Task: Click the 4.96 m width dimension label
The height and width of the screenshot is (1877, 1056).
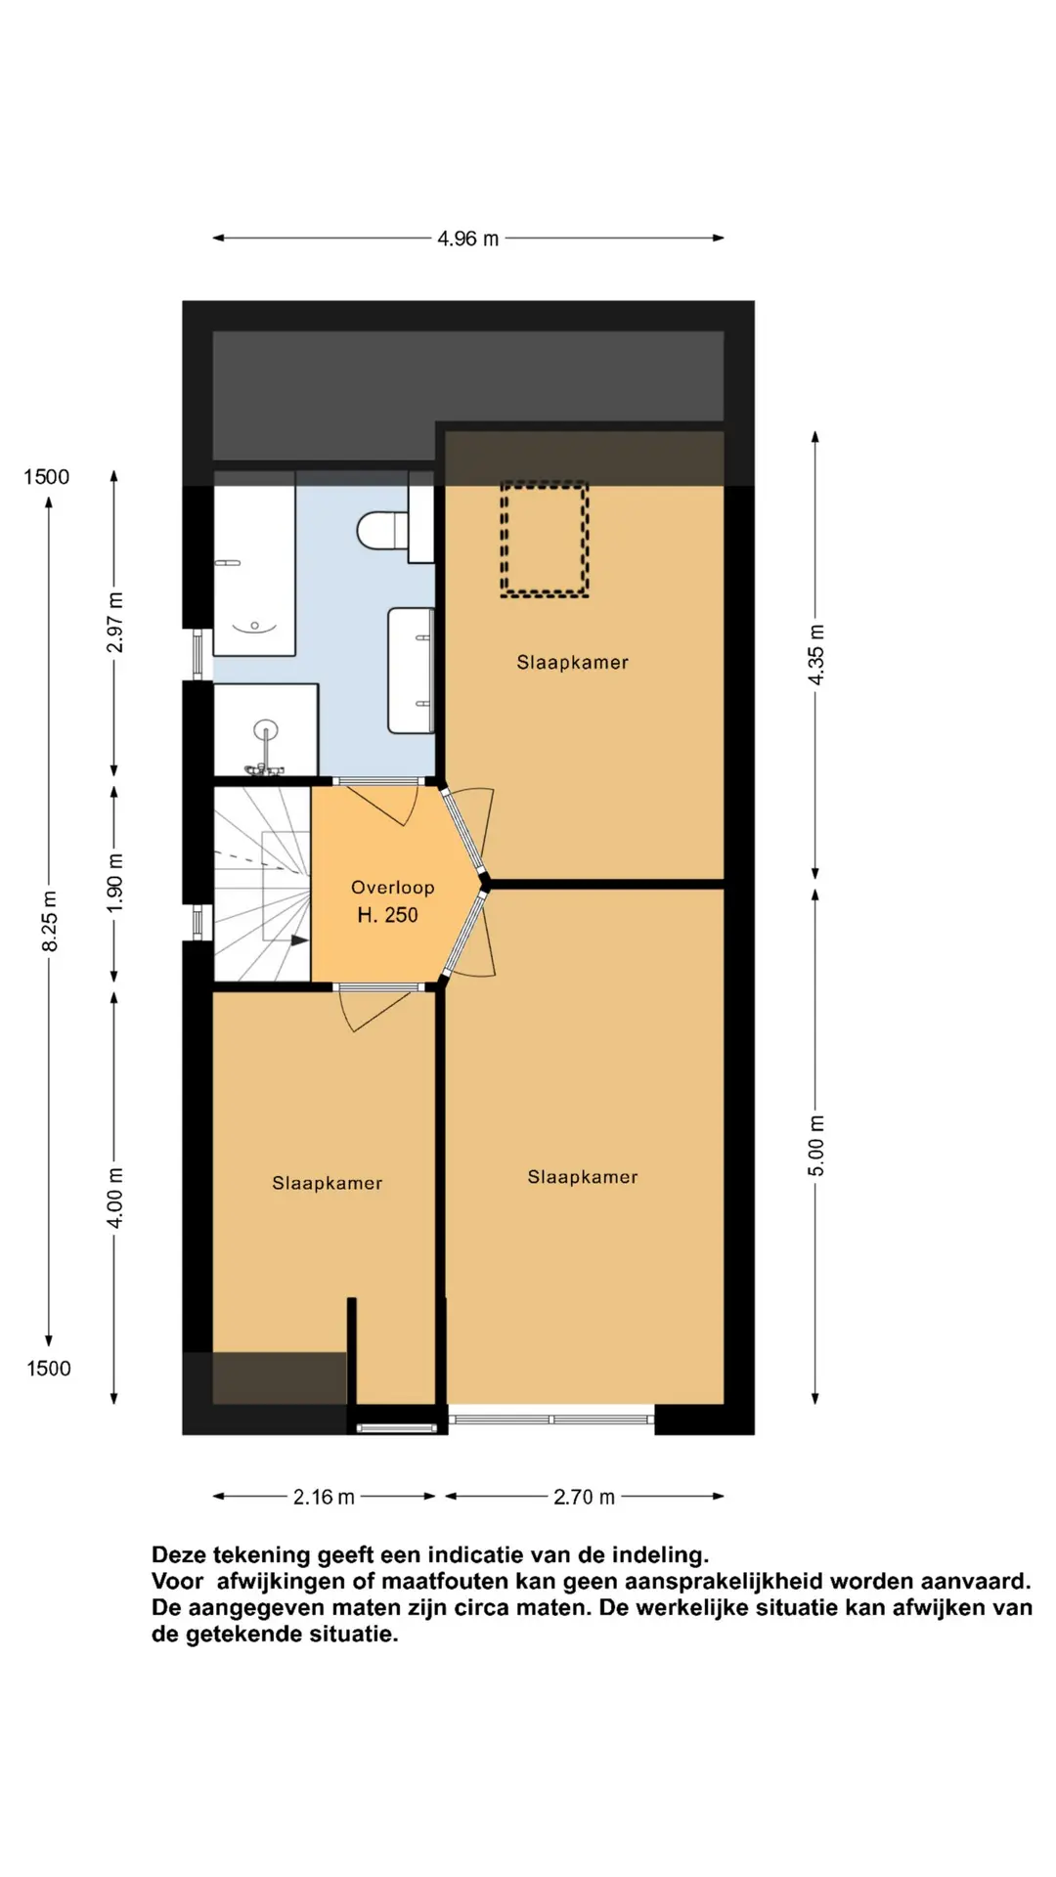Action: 467,239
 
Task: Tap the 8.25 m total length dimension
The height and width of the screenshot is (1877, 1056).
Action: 50,921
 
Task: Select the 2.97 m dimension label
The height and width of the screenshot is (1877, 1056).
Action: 115,623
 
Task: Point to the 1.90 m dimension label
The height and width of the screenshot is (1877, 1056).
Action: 115,883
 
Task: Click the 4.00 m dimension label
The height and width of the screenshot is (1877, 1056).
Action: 115,1198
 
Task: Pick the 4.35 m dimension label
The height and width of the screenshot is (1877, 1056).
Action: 816,654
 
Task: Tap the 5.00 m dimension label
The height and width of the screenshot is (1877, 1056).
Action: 816,1145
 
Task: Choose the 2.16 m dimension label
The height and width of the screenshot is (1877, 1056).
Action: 324,1497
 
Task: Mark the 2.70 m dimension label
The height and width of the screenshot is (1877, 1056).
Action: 584,1497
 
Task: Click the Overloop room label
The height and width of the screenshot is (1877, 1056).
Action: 392,888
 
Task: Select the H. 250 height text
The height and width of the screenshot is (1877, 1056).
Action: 387,915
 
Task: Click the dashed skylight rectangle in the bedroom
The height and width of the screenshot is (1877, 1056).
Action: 545,539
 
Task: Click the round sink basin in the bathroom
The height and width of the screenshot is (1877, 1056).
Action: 265,729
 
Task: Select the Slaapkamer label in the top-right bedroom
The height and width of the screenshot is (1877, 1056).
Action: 572,663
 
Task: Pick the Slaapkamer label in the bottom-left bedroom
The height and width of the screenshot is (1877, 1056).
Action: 327,1183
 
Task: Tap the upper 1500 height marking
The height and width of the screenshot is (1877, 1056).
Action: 47,477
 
